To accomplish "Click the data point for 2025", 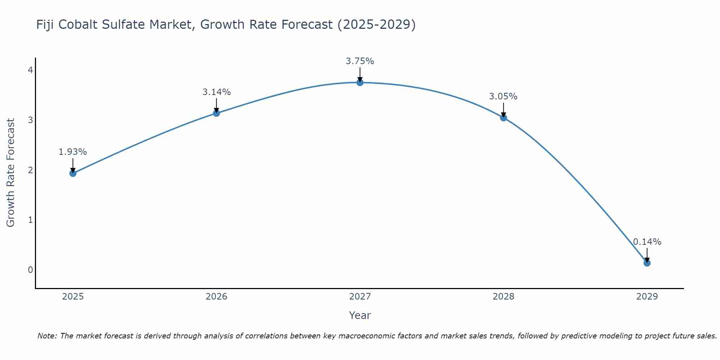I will click(73, 173).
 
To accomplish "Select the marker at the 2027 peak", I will click(360, 82).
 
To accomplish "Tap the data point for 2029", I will click(647, 263).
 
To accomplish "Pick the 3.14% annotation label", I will click(216, 92).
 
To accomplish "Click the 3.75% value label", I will click(360, 61).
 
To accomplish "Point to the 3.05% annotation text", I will click(503, 96).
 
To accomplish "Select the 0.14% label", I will click(647, 242).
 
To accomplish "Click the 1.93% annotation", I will click(73, 152).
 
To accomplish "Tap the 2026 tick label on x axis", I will click(216, 297).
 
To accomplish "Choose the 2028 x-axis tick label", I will click(503, 297).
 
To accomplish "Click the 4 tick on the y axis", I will click(31, 70).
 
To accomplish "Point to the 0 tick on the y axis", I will click(31, 270).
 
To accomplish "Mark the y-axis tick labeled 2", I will click(31, 170).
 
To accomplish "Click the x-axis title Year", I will click(360, 315).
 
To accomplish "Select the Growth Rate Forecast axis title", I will click(11, 173).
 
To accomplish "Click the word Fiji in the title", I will click(45, 24).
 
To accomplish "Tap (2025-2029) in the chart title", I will click(377, 24).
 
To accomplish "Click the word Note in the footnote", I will click(47, 336).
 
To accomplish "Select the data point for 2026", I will click(216, 113).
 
